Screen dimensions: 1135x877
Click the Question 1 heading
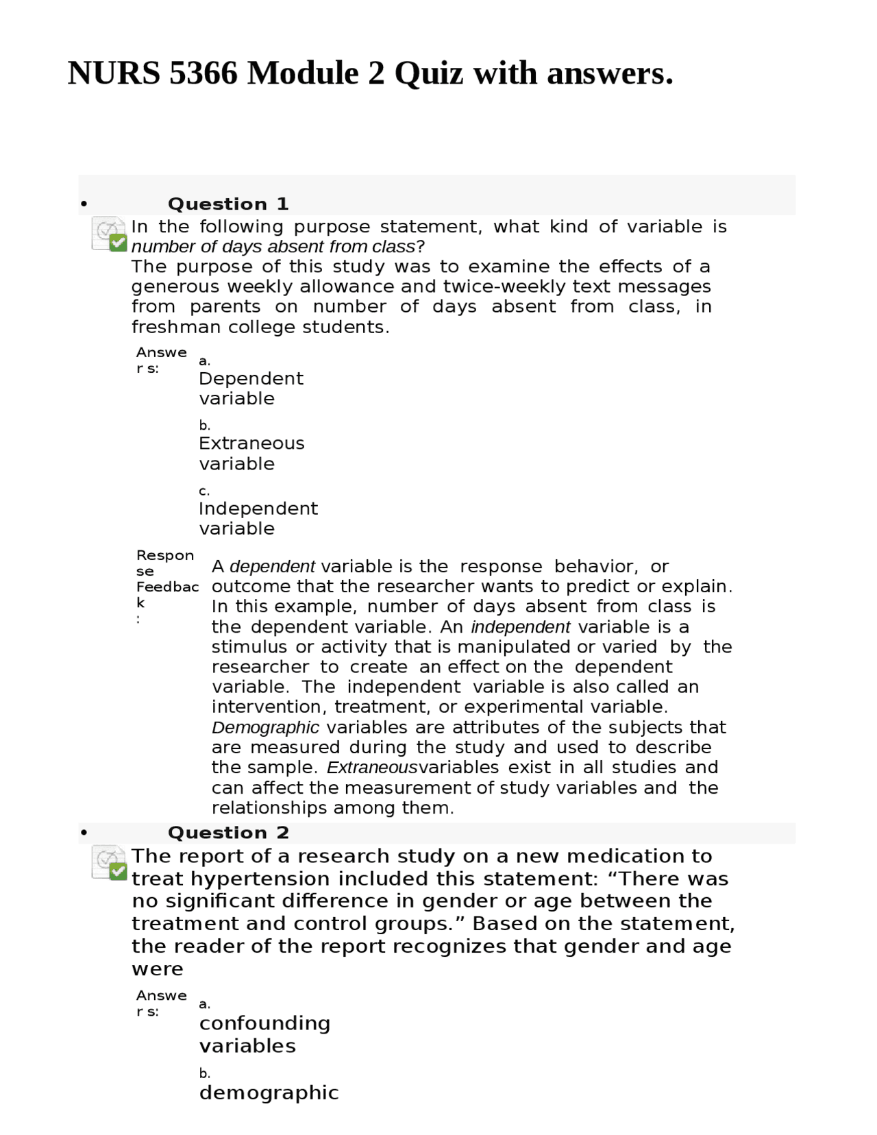(x=228, y=204)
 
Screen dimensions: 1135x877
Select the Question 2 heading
(x=228, y=833)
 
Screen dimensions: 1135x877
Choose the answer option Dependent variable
(x=251, y=389)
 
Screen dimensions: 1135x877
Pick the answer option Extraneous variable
(x=251, y=453)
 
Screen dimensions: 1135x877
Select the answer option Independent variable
(x=258, y=518)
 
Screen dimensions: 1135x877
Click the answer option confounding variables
(x=264, y=1034)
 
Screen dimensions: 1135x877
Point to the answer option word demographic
(x=269, y=1093)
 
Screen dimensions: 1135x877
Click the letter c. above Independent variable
(x=204, y=491)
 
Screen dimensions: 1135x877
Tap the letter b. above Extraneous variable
(x=204, y=426)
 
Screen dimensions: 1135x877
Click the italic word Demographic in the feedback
(x=265, y=727)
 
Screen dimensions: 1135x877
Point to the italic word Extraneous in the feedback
(x=371, y=768)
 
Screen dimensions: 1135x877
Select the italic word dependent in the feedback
(x=272, y=567)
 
